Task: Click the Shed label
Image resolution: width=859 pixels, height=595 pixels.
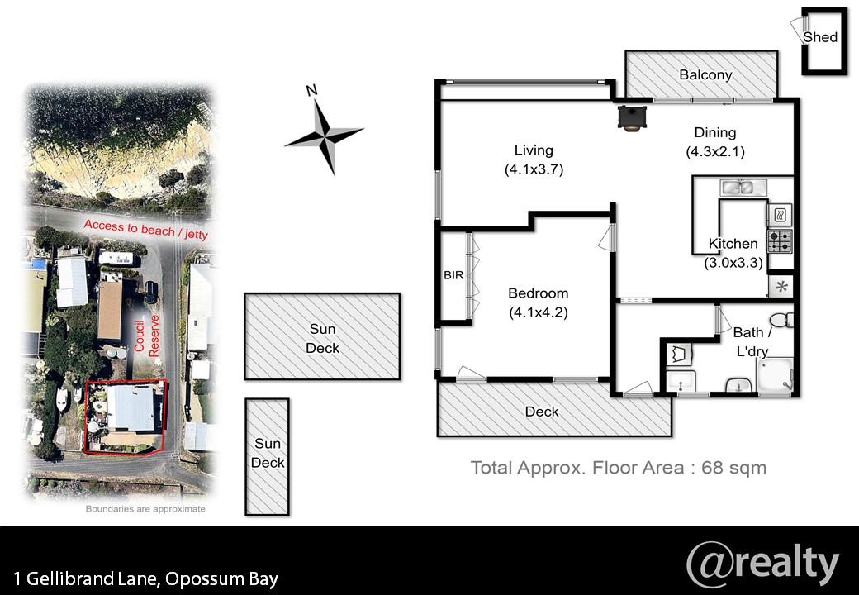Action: pos(820,36)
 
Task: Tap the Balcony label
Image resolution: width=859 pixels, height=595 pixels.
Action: pos(705,74)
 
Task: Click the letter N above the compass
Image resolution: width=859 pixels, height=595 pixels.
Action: pos(311,90)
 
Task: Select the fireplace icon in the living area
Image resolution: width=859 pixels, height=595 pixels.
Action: pos(632,118)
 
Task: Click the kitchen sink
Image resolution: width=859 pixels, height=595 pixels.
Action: pos(739,188)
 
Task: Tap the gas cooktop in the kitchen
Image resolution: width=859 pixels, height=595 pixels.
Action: pos(780,241)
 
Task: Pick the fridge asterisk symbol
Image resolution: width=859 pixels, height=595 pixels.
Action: pos(781,286)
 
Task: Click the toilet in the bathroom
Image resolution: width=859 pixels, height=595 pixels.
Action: pos(781,320)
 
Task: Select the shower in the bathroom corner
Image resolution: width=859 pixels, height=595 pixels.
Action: pos(775,375)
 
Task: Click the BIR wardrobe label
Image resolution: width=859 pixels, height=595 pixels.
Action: pos(453,275)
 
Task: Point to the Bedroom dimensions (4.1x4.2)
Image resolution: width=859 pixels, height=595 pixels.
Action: pos(539,313)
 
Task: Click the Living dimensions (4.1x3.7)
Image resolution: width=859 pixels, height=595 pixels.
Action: pos(534,169)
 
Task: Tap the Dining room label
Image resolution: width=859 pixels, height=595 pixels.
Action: pos(715,132)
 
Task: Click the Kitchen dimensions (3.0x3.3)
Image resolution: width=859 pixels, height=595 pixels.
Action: pos(733,263)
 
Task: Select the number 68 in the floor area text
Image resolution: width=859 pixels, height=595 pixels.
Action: pos(712,468)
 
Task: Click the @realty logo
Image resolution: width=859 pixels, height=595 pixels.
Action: pos(762,564)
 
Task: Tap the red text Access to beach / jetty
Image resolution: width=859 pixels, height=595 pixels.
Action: pos(145,230)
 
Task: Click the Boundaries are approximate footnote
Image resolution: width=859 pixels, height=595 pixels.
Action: pos(145,509)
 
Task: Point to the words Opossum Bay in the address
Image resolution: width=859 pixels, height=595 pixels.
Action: pos(222,579)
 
